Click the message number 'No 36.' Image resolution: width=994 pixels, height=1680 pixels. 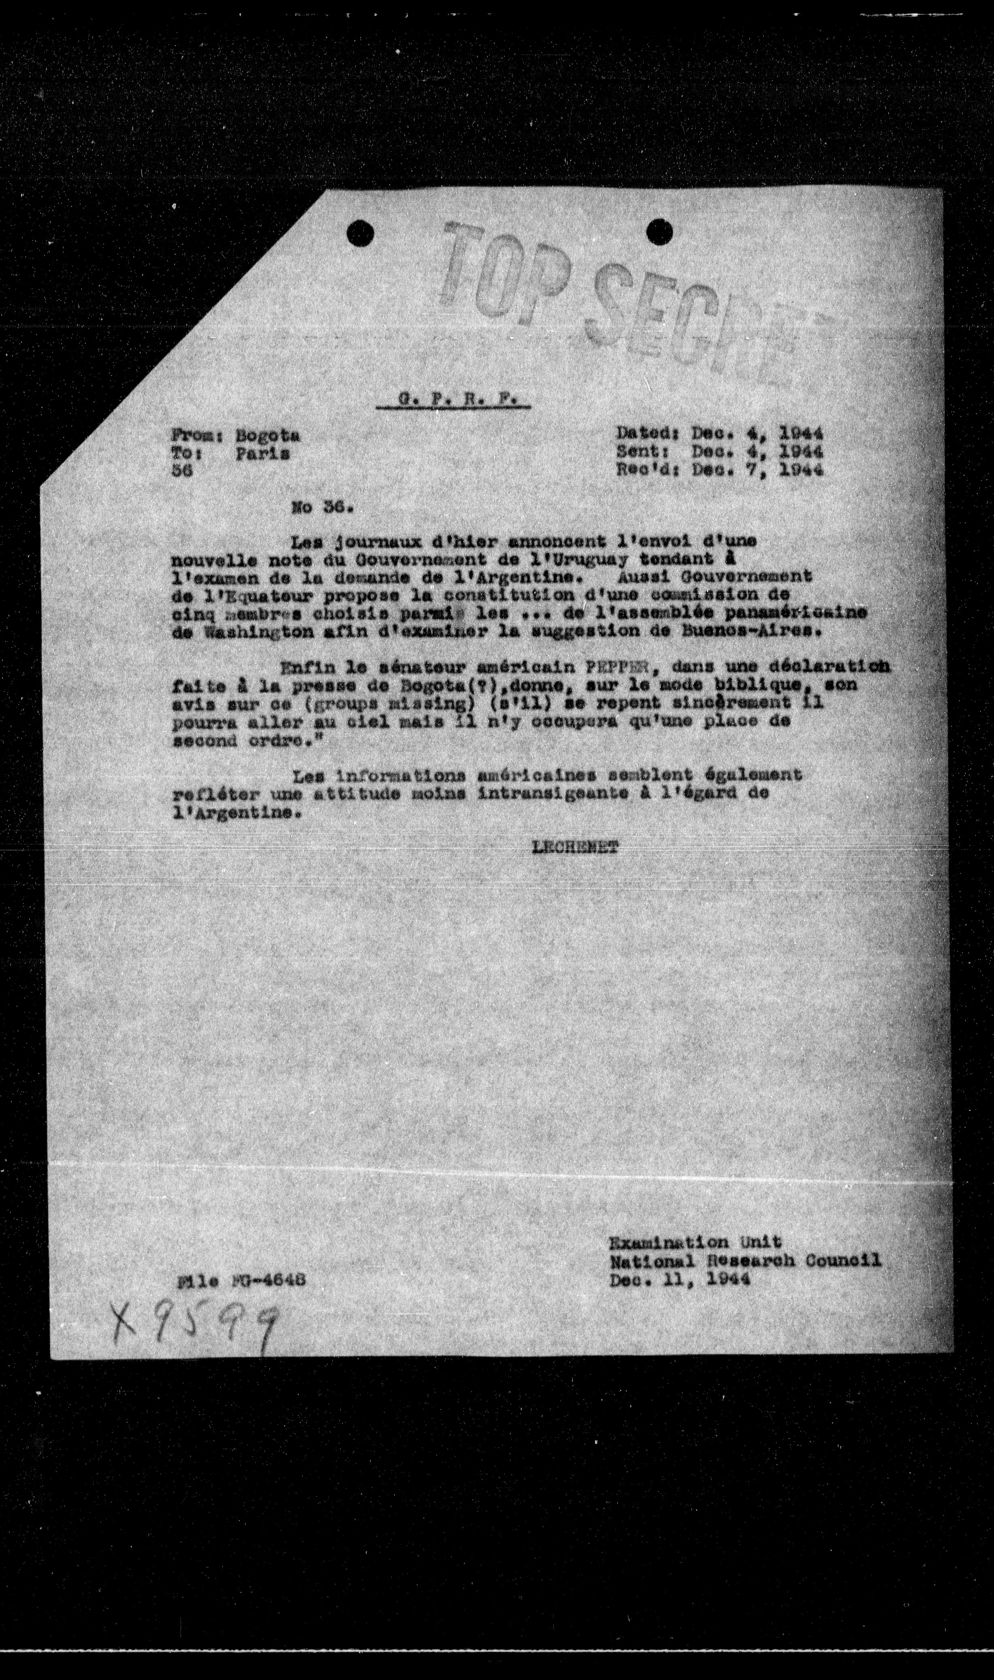(x=322, y=507)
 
